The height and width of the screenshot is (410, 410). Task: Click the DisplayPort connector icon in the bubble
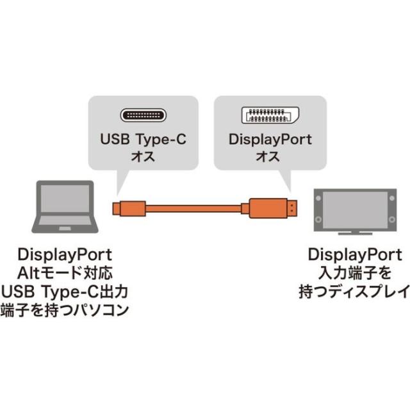[x=269, y=116]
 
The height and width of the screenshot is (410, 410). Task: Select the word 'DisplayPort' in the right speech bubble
[x=270, y=139]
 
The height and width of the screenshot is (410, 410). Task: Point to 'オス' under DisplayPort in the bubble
[x=270, y=156]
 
